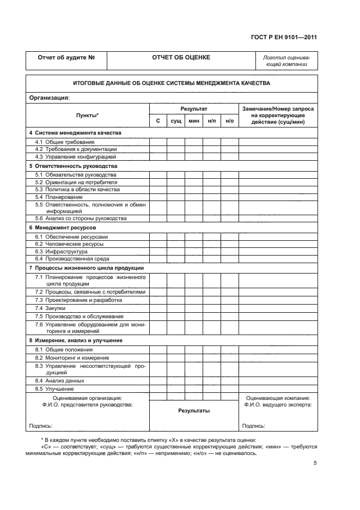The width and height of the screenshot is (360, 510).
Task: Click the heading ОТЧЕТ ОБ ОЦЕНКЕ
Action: [181, 57]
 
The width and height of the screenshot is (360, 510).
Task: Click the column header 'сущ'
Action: [175, 120]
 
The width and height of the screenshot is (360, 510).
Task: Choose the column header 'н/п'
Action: [212, 120]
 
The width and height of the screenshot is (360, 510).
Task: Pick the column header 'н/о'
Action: [229, 120]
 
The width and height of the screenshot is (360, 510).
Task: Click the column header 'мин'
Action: [193, 120]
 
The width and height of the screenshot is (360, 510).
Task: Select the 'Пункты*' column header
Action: [87, 115]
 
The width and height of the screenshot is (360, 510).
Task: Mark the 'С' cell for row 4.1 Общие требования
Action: [158, 142]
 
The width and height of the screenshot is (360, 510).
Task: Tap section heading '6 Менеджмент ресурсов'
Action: [62, 227]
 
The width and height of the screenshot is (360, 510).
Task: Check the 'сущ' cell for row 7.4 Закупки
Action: [175, 308]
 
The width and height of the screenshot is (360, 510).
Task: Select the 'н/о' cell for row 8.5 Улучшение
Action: [229, 389]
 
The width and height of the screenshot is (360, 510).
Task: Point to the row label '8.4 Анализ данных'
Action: [59, 381]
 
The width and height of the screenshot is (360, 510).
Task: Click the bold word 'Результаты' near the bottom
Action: [193, 411]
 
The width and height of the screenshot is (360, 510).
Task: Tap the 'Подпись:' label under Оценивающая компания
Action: [253, 426]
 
